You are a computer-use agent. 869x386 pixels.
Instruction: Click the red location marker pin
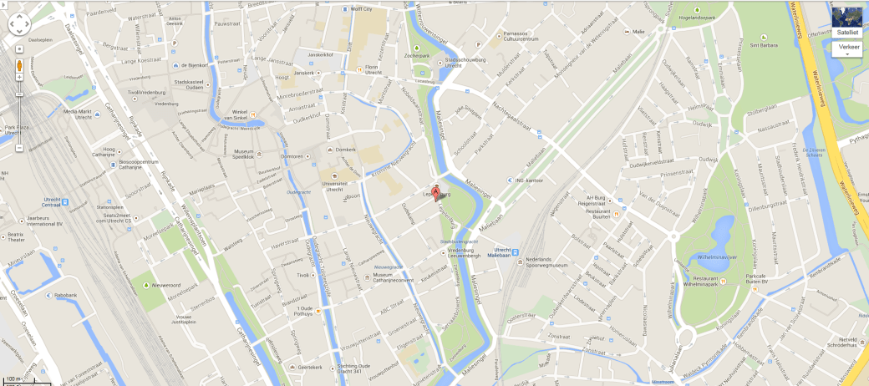click(434, 193)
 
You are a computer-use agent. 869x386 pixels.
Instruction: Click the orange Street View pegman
click(19, 66)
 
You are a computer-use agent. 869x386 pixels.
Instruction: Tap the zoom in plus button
click(19, 77)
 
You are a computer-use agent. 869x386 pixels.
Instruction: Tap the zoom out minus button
click(19, 148)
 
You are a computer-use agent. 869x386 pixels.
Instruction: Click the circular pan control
click(19, 24)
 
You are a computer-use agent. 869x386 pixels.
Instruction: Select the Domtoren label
click(291, 156)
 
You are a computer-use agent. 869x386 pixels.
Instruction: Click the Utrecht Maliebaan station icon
click(515, 251)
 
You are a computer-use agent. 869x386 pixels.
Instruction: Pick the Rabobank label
click(67, 295)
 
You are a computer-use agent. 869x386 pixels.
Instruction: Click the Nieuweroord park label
click(168, 286)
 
